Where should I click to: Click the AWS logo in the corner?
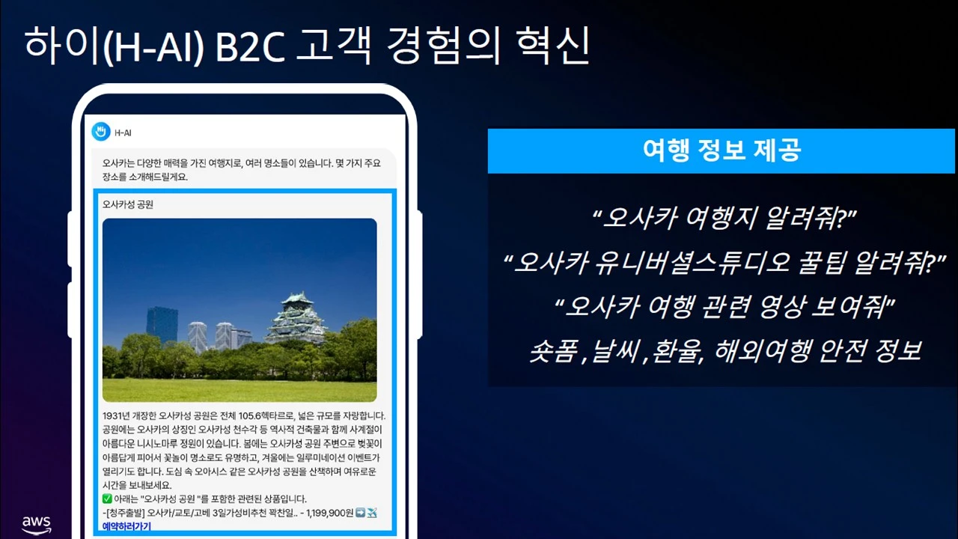click(36, 524)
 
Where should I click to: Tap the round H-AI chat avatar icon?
click(100, 132)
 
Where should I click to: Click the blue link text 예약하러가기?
click(126, 526)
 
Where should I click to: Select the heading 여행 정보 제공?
click(721, 150)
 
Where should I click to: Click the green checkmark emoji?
click(107, 499)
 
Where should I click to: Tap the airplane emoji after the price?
click(372, 513)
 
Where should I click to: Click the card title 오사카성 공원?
click(127, 204)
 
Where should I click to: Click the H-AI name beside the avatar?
click(123, 133)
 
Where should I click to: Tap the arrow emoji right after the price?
click(359, 513)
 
